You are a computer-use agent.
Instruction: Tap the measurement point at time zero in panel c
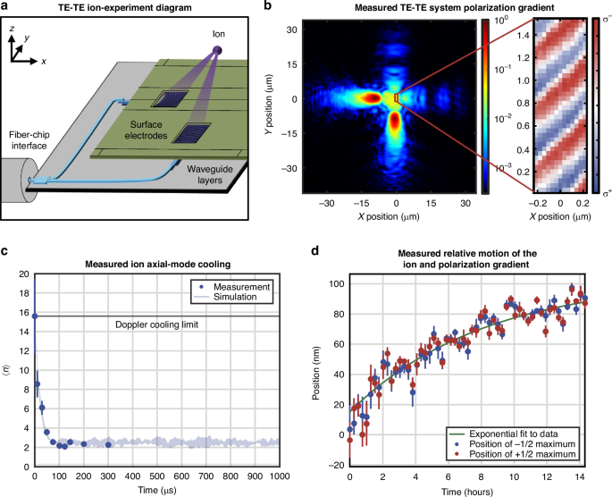35,316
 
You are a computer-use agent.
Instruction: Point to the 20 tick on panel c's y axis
23,274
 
